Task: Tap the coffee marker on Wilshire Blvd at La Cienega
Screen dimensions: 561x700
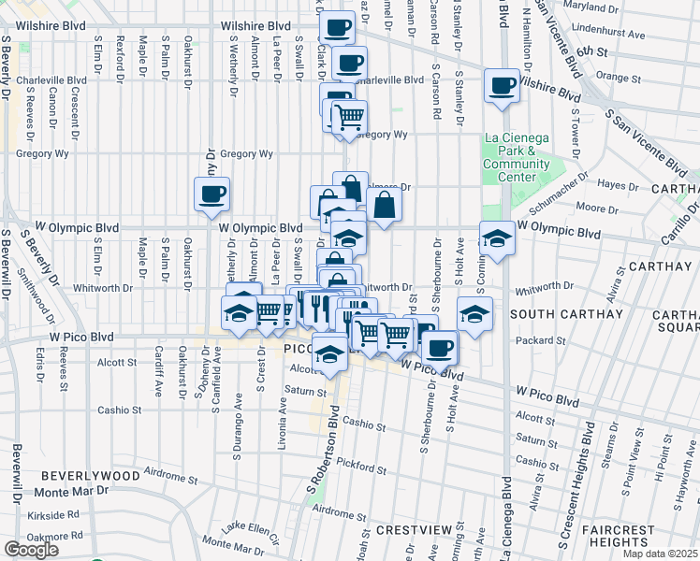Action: click(502, 86)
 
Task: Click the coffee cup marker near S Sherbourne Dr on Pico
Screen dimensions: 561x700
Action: click(439, 347)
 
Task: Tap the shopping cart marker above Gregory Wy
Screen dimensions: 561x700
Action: click(348, 117)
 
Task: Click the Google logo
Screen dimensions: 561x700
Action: click(31, 550)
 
